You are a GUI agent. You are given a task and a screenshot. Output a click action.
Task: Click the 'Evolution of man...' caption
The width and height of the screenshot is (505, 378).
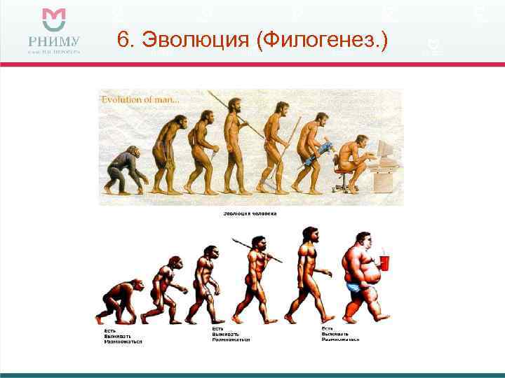click(141, 100)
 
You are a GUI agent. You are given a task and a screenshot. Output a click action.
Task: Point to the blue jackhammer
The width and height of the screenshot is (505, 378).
click(319, 150)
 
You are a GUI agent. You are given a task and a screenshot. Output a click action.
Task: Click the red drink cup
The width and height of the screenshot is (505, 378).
click(384, 262)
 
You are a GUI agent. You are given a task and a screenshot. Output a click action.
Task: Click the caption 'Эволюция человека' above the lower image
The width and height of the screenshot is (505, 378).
click(250, 213)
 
